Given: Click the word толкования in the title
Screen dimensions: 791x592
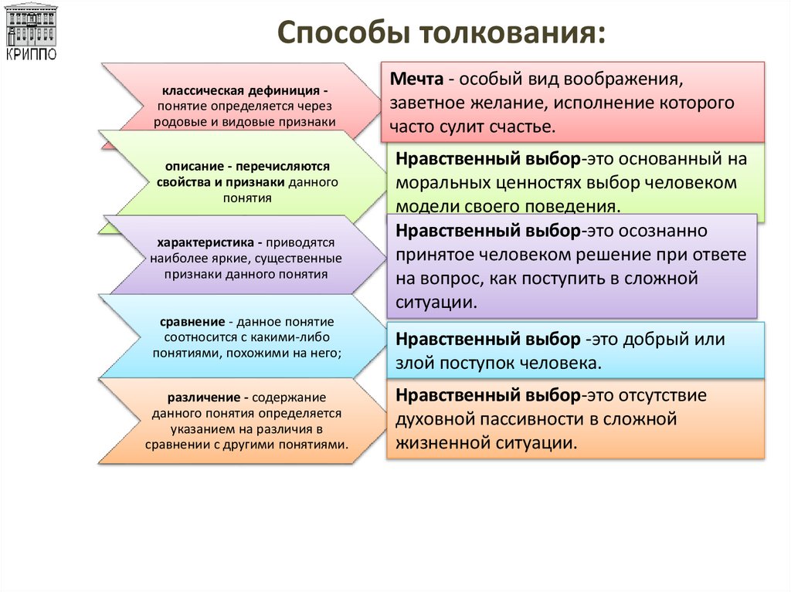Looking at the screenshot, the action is pyautogui.click(x=511, y=35).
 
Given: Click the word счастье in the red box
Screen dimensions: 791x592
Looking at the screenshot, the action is pyautogui.click(x=525, y=126).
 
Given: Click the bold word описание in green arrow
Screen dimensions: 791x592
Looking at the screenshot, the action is pyautogui.click(x=190, y=166).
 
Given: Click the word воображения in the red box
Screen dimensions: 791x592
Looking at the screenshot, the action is pyautogui.click(x=627, y=79).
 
